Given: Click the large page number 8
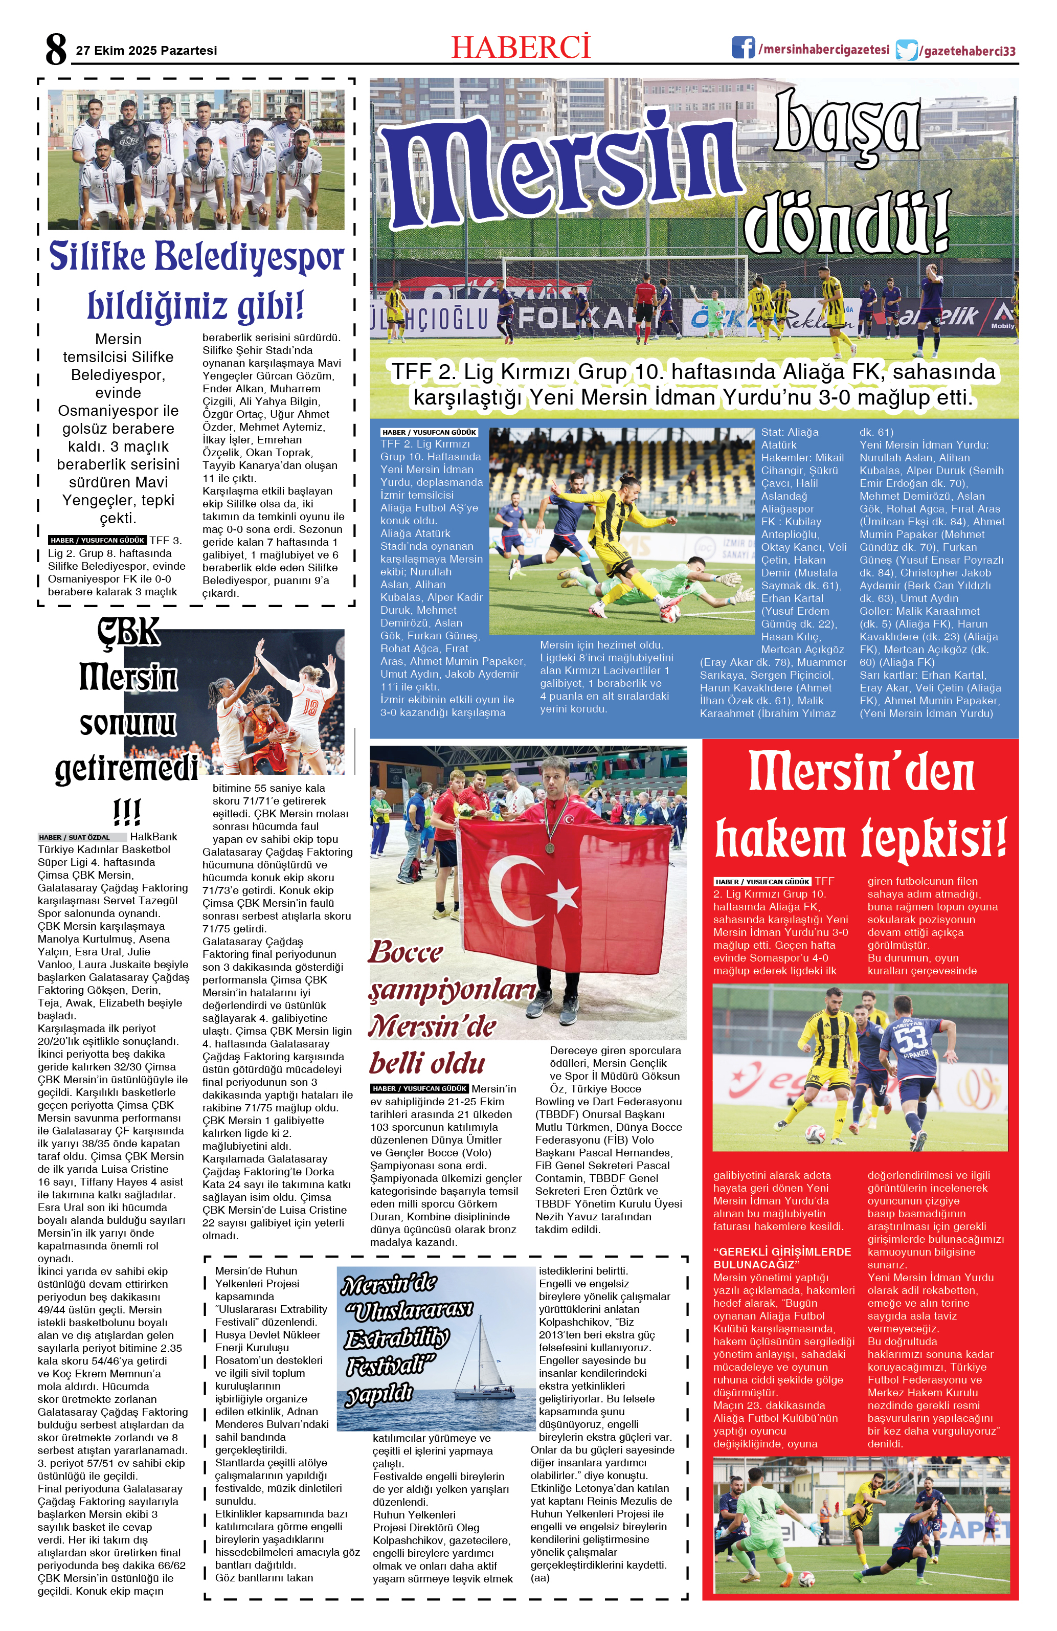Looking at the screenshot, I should coord(56,49).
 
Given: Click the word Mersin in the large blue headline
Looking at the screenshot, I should coord(561,171).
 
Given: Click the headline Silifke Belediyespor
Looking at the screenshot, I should coord(196,258).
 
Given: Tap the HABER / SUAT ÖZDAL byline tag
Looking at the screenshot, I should coord(81,837).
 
